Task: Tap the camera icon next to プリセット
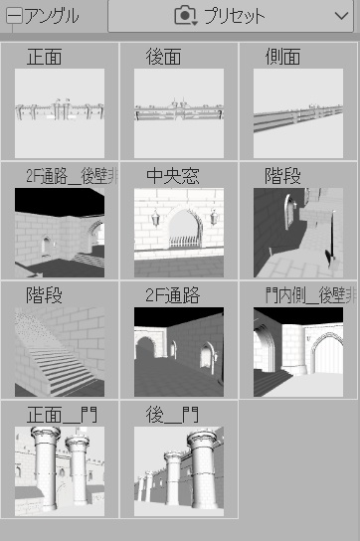[185, 15]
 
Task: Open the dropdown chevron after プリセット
[340, 15]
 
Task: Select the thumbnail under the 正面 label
[60, 113]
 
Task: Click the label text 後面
[163, 57]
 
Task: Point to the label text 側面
[283, 57]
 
